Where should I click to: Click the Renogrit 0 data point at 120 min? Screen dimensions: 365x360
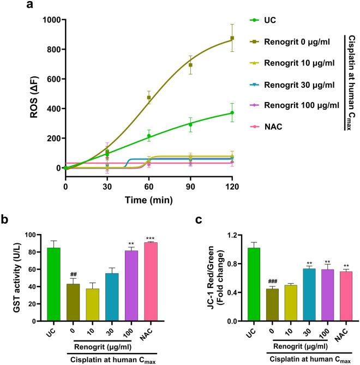(232, 38)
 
